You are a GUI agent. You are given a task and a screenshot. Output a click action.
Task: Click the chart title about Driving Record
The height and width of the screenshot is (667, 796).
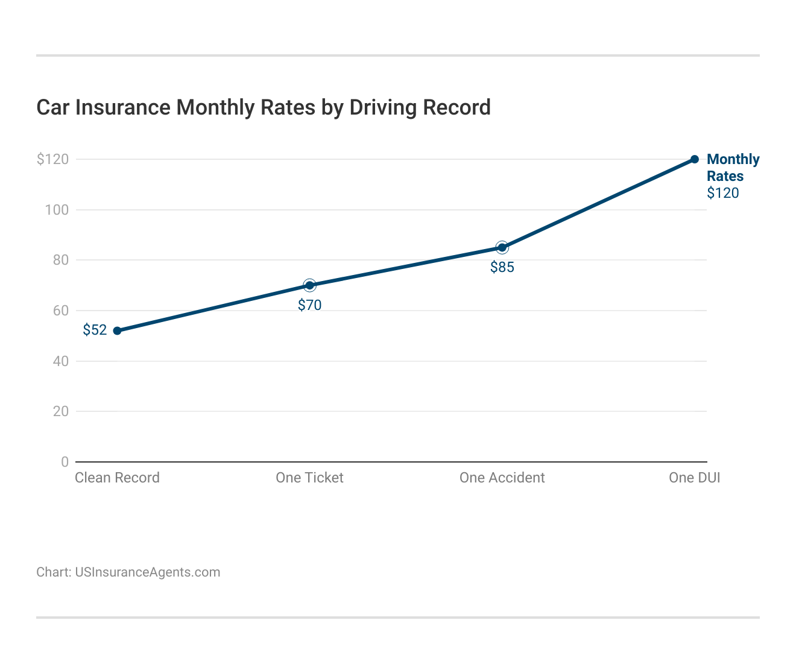coord(264,107)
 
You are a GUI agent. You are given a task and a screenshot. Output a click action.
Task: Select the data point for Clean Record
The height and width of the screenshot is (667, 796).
coord(118,330)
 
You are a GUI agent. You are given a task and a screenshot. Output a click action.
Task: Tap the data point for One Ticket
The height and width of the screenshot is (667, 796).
coord(309,285)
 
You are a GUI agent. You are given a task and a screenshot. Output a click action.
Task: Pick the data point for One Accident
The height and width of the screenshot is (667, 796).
coord(502,247)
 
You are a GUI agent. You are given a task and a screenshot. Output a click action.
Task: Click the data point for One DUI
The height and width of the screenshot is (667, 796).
coord(695,159)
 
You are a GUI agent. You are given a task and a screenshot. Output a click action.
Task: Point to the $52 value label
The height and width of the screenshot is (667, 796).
coord(95,330)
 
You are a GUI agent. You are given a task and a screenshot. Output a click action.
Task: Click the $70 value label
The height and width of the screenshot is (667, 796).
coord(309,305)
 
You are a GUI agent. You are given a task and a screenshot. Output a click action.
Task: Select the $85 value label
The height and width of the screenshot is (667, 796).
coord(502,267)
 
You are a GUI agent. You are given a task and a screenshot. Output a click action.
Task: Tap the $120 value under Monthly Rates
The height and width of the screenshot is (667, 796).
coord(722,193)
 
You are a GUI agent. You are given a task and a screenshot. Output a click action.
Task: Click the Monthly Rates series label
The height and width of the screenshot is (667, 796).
coord(733,168)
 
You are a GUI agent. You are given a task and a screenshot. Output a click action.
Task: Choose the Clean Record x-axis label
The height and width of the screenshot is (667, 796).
coord(117,478)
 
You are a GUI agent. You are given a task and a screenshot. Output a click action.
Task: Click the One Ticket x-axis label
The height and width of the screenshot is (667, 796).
coord(309,478)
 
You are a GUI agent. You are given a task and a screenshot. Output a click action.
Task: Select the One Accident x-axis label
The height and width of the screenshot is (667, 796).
coord(502,478)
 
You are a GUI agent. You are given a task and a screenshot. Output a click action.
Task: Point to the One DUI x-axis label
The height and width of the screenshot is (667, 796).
coord(694,478)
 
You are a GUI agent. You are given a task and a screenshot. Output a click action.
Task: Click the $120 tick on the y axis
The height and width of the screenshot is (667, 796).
coord(53,159)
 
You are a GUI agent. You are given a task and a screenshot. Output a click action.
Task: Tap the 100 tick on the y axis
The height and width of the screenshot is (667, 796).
coord(57,210)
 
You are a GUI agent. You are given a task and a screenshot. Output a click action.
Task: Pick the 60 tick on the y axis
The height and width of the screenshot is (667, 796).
coord(61,311)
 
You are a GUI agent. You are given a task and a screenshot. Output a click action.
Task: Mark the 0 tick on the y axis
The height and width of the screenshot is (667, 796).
coord(65,462)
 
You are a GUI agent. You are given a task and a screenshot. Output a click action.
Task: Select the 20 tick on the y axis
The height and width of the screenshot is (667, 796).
coord(61,411)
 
